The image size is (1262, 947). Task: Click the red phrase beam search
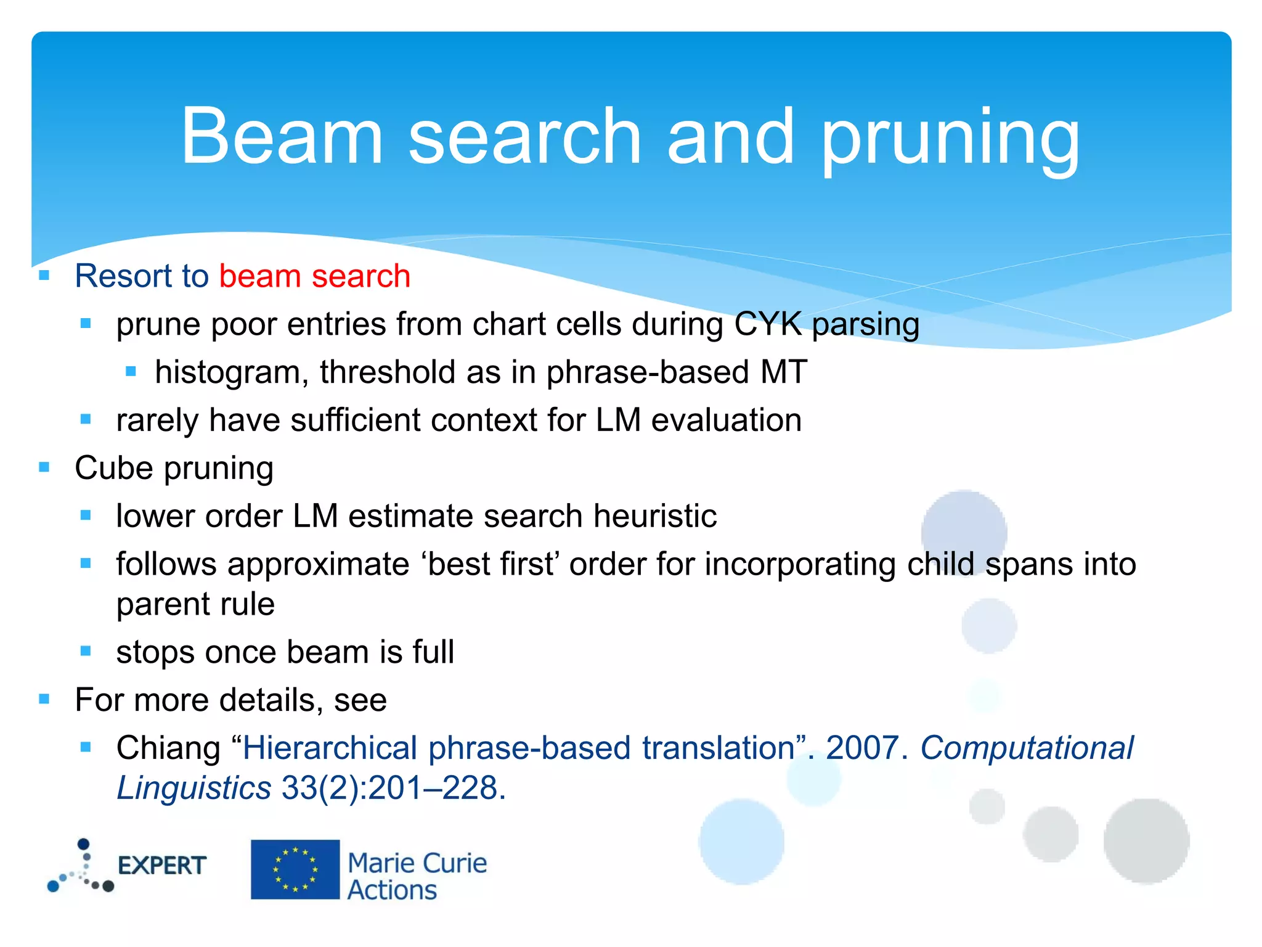click(315, 276)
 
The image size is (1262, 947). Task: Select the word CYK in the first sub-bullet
click(768, 324)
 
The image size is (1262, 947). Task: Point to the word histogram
click(232, 373)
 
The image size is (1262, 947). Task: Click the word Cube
click(113, 468)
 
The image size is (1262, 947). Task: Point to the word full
click(433, 652)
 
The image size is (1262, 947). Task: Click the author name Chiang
click(168, 748)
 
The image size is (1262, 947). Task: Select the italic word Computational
click(1026, 748)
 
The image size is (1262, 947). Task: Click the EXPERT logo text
click(161, 866)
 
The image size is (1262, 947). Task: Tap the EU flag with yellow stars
click(295, 869)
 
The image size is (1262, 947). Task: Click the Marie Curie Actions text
click(417, 876)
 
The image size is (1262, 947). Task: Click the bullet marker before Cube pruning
click(44, 467)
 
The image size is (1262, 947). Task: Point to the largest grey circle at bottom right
click(1146, 841)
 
